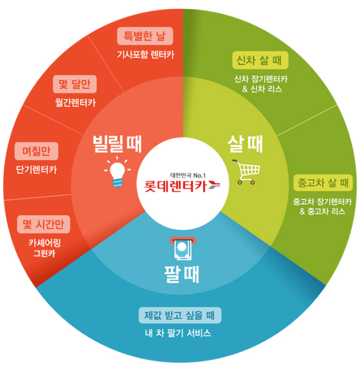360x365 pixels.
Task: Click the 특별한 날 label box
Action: (x=145, y=35)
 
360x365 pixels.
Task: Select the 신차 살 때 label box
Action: (x=259, y=60)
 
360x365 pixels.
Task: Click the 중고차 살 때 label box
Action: (x=323, y=182)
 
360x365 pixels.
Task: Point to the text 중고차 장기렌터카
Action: (x=322, y=202)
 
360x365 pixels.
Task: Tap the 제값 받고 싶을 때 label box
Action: (x=180, y=315)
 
